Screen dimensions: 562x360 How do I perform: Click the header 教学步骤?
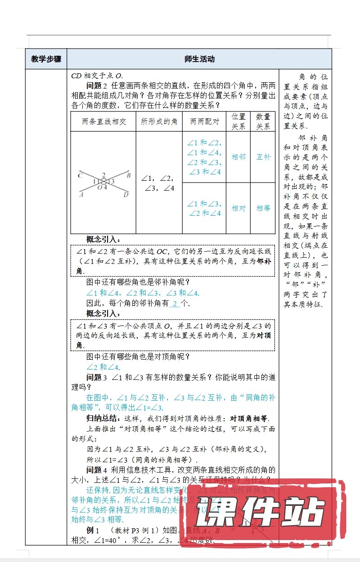(46, 59)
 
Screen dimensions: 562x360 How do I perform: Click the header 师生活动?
(199, 59)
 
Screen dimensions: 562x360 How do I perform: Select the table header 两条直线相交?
(103, 121)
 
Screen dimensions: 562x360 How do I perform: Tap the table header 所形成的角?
(159, 121)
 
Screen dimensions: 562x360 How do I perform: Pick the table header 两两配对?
(204, 121)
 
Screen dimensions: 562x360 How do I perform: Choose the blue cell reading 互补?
(263, 157)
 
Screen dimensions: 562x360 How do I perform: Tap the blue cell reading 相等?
(263, 208)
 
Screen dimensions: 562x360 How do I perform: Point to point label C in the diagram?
(79, 175)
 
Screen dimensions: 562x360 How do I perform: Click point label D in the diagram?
(126, 195)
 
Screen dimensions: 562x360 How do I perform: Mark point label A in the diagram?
(81, 195)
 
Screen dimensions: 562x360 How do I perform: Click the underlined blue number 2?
(175, 303)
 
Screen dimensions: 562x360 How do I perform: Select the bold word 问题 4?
(97, 470)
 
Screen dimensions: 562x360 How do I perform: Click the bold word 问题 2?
(97, 85)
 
